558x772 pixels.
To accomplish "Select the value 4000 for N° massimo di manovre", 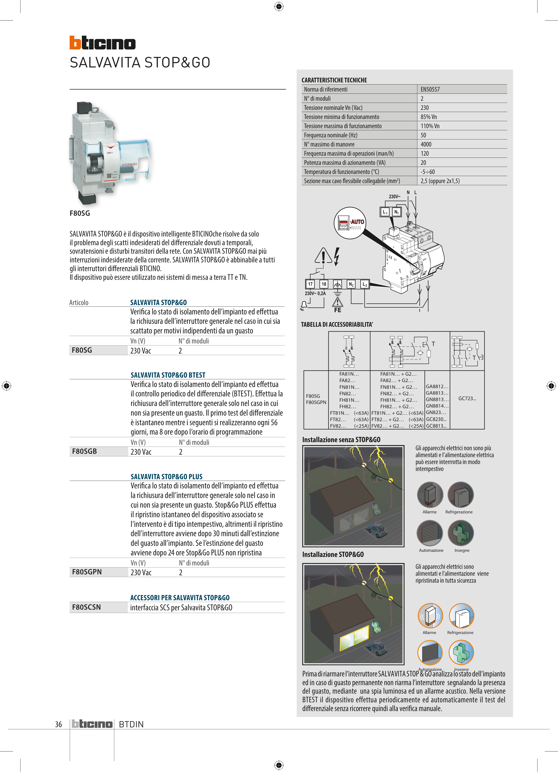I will pos(426,144).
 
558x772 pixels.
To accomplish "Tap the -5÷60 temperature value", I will pos(428,172).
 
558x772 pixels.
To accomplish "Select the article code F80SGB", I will pos(84,451).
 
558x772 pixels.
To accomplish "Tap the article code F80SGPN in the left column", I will pos(87,572).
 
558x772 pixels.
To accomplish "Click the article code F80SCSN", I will pos(86,607).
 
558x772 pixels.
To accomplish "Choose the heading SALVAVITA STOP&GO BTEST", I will pos(168,375).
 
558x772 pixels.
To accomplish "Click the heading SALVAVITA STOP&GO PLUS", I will pos(166,477).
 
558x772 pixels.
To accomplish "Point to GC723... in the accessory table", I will pos(467,399).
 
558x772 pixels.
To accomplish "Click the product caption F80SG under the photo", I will pos(80,213).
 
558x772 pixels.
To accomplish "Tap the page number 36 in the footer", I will pos(59,724).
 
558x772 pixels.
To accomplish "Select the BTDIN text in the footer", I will pos(131,724).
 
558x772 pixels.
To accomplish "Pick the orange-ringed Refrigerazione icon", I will pos(461,616).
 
